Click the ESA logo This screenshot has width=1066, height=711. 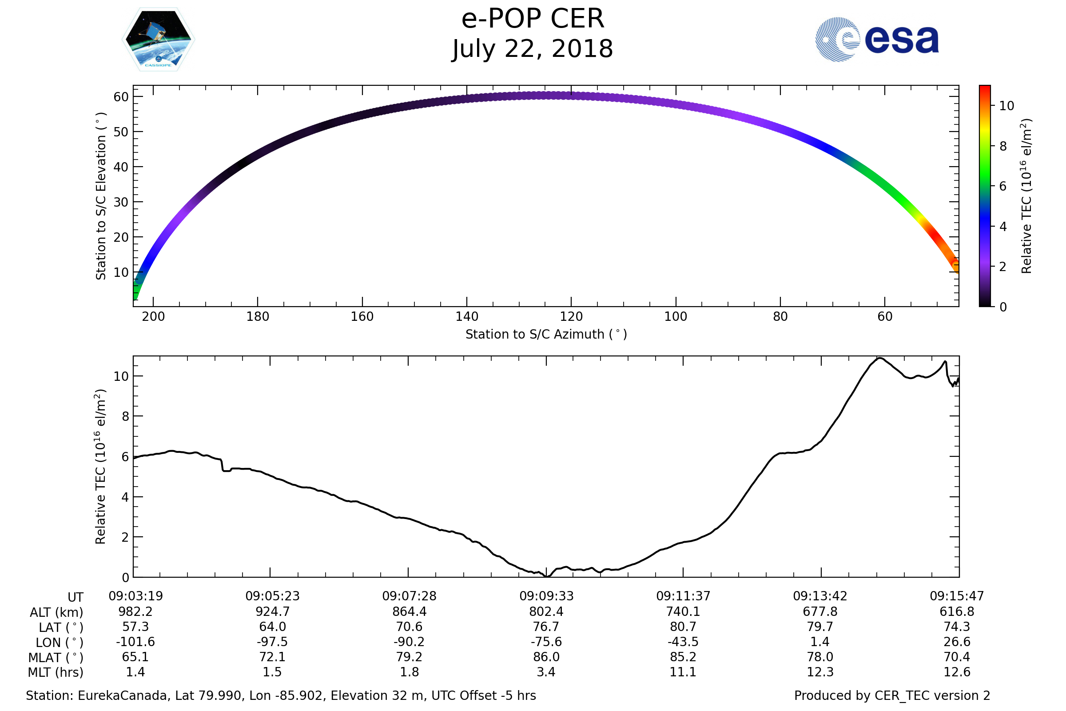point(876,40)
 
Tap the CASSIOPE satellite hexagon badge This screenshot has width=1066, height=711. point(158,40)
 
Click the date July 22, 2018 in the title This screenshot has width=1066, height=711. point(533,49)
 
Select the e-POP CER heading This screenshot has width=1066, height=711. point(533,19)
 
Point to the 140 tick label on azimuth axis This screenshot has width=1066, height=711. point(466,316)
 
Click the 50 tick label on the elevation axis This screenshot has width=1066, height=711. point(121,132)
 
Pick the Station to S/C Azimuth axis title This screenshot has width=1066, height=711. point(546,335)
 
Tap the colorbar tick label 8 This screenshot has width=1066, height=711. point(1003,146)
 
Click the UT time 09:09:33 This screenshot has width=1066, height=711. point(546,596)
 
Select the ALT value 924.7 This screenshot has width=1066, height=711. point(272,612)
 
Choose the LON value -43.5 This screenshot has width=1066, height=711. point(683,642)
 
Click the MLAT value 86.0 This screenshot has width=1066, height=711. point(546,657)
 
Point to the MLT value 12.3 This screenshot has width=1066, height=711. point(820,672)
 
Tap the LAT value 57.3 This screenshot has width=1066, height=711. point(135,627)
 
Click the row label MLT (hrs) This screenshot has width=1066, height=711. point(56,672)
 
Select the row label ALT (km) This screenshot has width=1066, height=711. point(57,613)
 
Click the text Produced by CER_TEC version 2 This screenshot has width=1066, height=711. point(892,696)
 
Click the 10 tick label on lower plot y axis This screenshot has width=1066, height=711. point(121,376)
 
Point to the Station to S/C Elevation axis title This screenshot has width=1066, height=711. point(101,196)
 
